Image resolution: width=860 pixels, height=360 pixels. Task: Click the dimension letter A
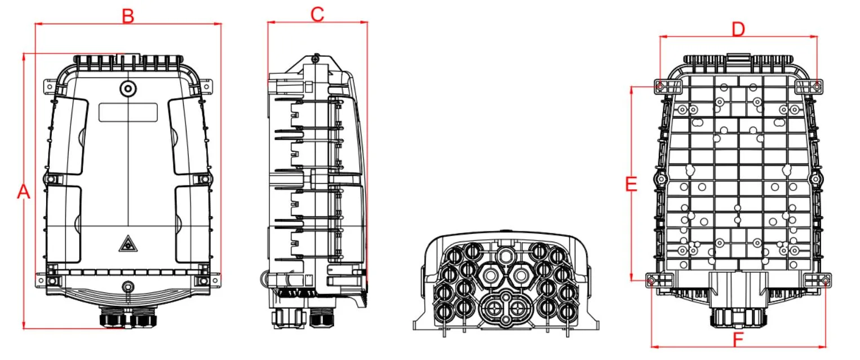pyautogui.click(x=23, y=192)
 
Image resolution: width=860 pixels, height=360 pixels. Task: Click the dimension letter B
pyautogui.click(x=128, y=16)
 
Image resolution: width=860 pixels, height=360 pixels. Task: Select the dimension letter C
pyautogui.click(x=317, y=15)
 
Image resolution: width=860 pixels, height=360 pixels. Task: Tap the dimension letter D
pyautogui.click(x=738, y=29)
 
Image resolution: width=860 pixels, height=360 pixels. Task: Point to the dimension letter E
pyautogui.click(x=631, y=184)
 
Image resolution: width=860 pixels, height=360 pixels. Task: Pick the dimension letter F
pyautogui.click(x=738, y=340)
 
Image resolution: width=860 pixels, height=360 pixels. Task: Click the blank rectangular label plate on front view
pyautogui.click(x=128, y=112)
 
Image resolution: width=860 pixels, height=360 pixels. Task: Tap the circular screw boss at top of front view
pyautogui.click(x=128, y=88)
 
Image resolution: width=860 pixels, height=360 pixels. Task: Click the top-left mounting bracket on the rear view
pyautogui.click(x=668, y=86)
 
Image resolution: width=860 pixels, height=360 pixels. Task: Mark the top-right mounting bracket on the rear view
pyautogui.click(x=809, y=86)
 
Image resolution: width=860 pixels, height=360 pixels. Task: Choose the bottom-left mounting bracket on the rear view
pyautogui.click(x=660, y=279)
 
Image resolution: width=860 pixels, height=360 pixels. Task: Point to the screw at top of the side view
pyautogui.click(x=316, y=57)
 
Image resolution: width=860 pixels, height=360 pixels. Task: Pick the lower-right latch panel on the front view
pyautogui.click(x=192, y=224)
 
